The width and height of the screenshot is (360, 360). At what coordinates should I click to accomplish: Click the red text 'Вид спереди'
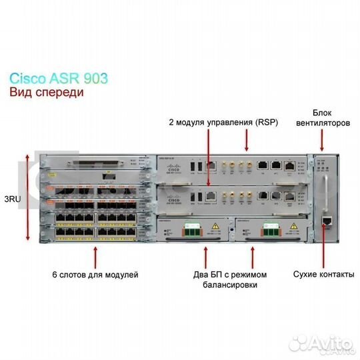click(47, 93)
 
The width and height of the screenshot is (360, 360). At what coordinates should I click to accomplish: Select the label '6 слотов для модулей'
click(95, 275)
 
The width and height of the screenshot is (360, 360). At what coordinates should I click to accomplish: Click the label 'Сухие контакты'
click(323, 274)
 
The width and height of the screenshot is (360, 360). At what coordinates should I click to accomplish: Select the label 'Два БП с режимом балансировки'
click(229, 279)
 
